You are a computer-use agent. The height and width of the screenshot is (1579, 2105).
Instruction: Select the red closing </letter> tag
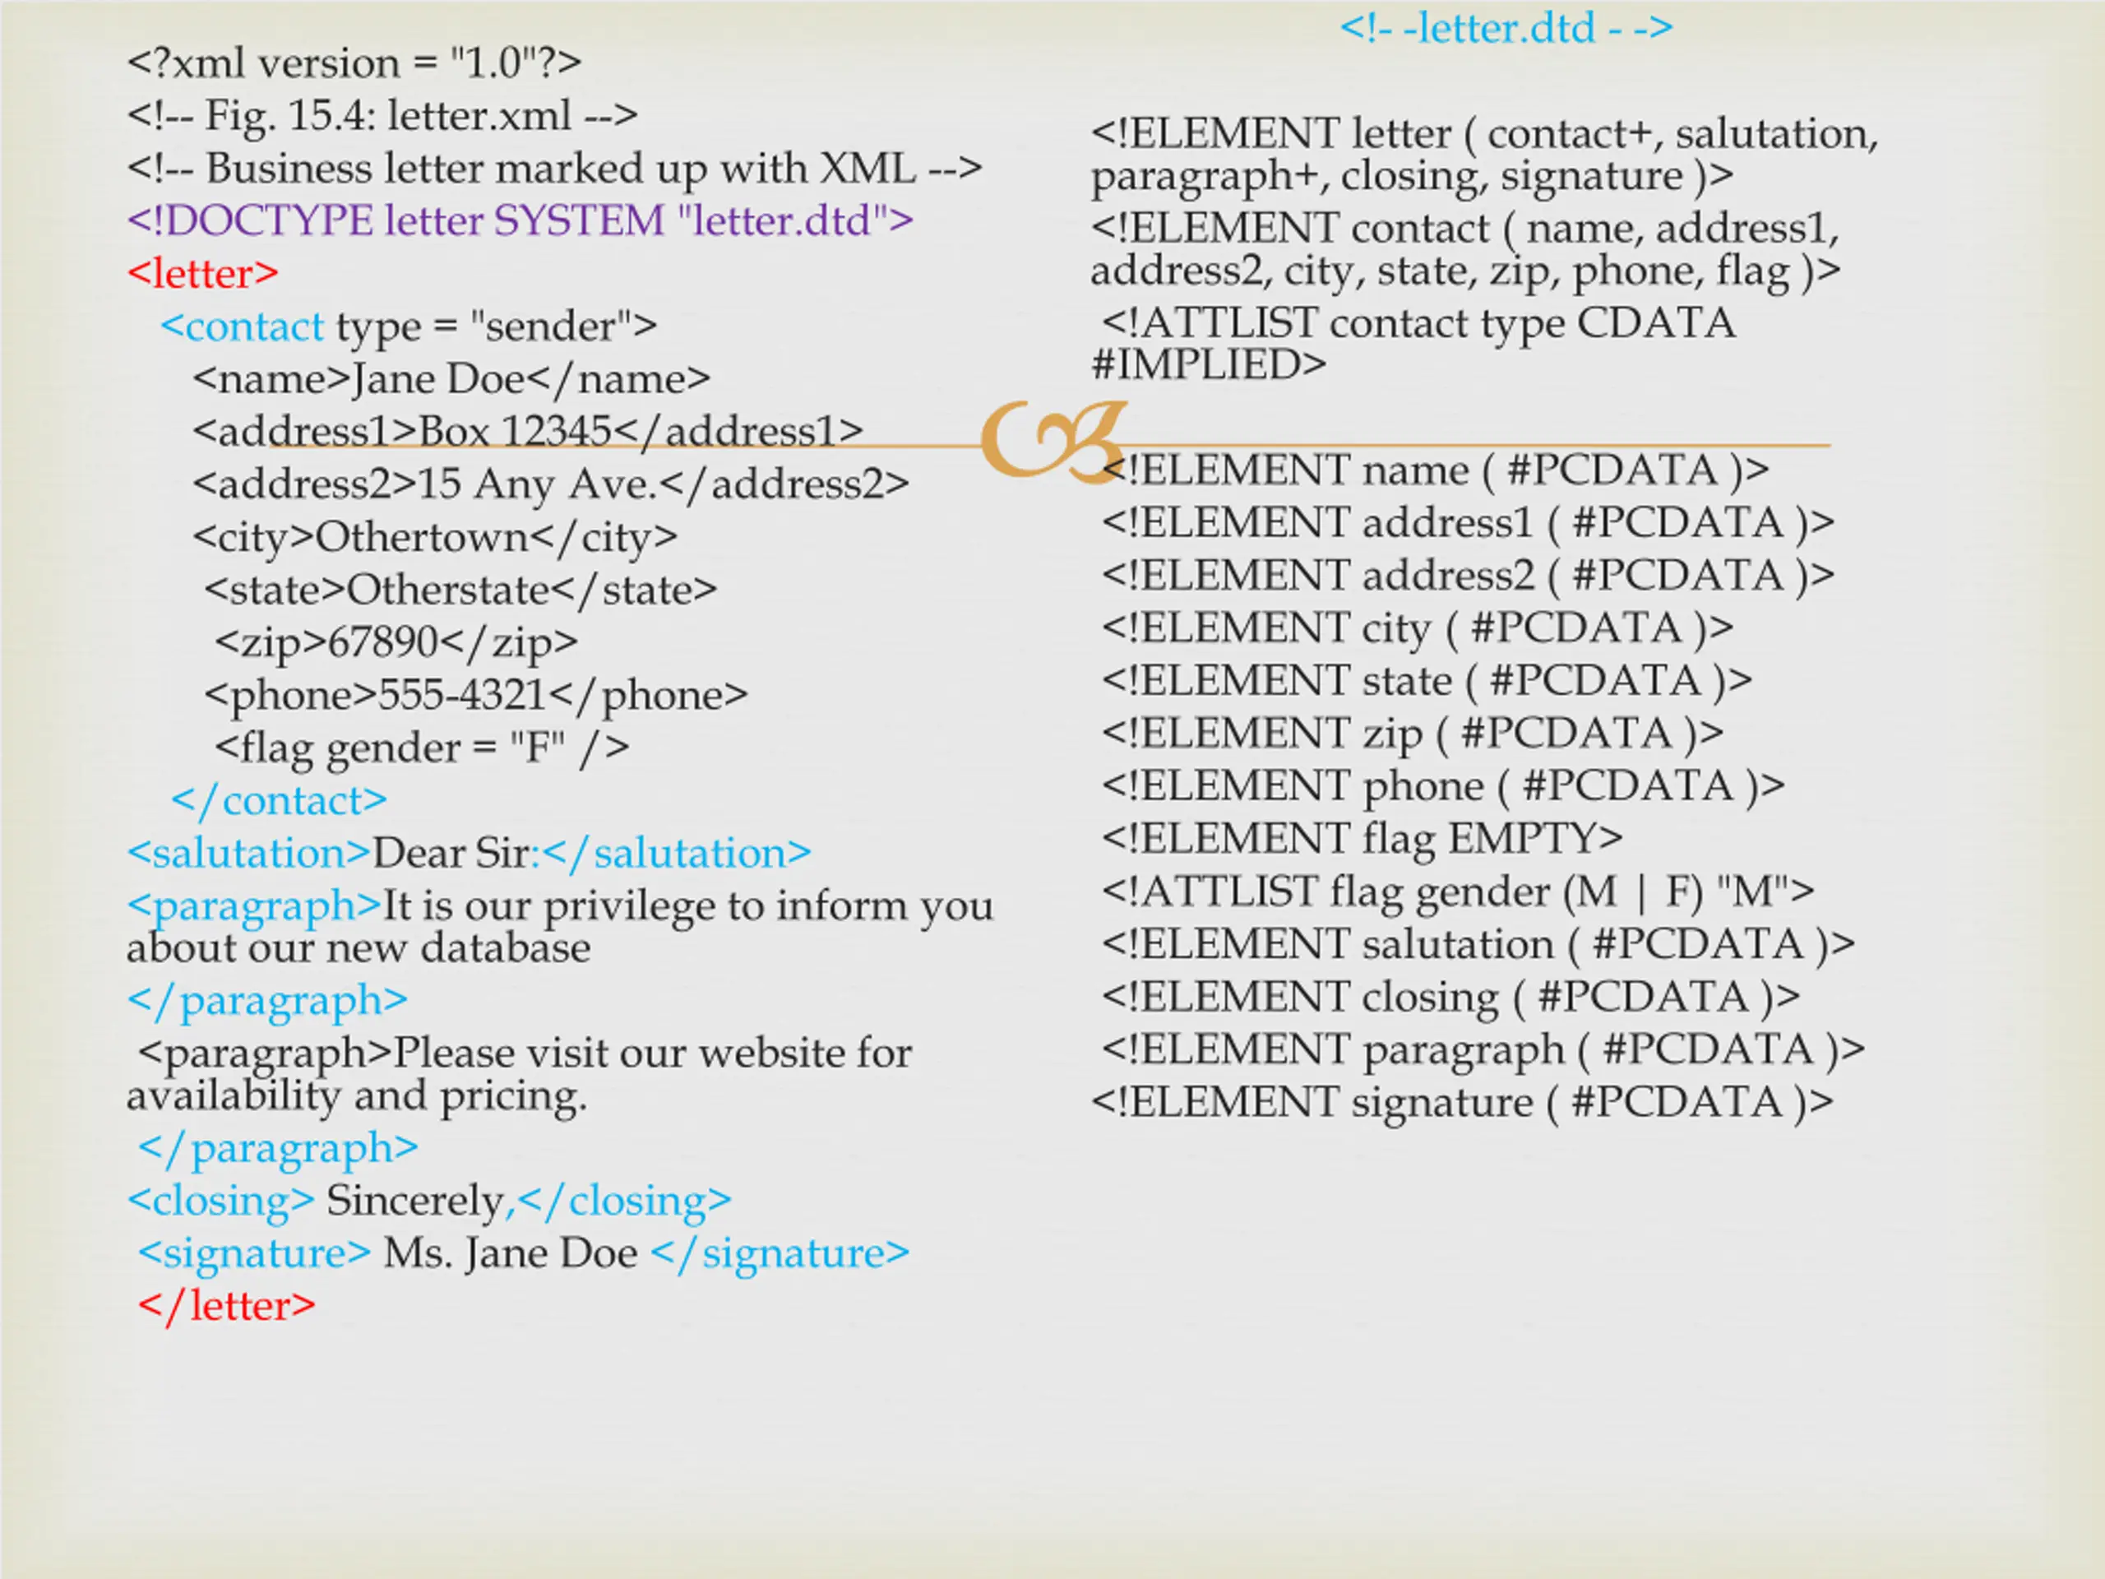click(x=226, y=1306)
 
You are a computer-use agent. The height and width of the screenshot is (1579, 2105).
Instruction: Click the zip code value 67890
click(x=383, y=642)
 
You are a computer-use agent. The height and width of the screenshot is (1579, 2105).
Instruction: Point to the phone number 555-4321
click(x=462, y=695)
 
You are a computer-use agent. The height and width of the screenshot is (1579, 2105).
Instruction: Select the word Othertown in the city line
click(x=422, y=538)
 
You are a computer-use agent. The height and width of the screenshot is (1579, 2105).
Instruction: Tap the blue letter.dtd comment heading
click(x=1506, y=29)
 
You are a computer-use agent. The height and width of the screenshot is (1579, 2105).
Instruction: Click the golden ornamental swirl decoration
click(x=1052, y=440)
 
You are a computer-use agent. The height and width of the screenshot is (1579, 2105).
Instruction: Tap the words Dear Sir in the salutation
click(x=450, y=854)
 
